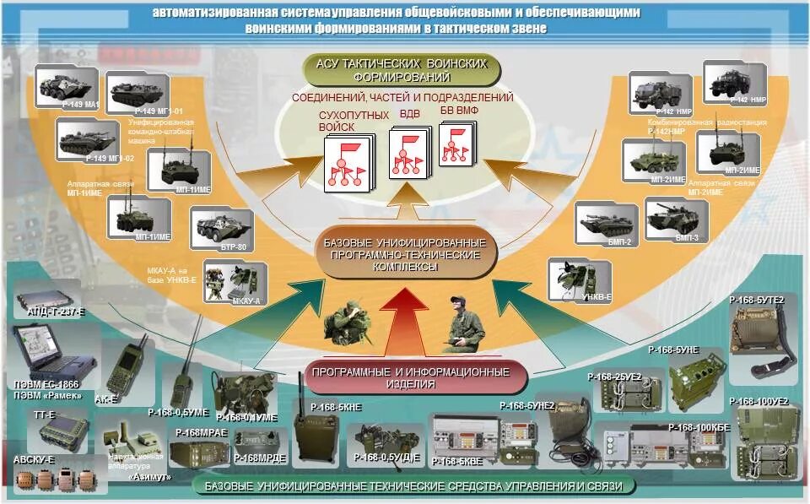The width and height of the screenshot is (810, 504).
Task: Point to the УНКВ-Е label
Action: (x=597, y=296)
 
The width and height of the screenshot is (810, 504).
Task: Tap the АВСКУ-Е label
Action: (x=34, y=459)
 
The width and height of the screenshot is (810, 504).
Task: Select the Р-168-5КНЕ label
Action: (x=336, y=407)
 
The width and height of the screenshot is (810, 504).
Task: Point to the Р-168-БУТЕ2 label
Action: (x=757, y=300)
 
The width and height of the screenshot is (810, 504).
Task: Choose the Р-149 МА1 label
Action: (x=81, y=105)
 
